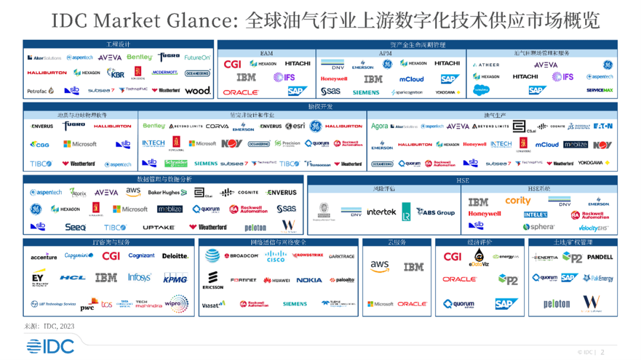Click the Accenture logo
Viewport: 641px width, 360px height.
(44, 257)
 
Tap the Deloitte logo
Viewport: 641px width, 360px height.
(175, 256)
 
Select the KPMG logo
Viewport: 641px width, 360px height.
(175, 279)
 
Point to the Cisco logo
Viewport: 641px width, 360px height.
(275, 256)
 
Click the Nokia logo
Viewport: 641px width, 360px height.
(309, 280)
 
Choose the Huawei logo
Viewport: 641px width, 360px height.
(277, 281)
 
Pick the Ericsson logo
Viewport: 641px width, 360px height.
(212, 280)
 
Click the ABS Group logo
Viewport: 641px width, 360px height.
(436, 212)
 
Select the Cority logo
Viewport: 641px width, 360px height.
(518, 201)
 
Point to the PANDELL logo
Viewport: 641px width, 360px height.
(599, 257)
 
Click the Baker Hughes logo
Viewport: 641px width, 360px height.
(167, 192)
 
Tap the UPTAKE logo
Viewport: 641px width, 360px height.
(158, 227)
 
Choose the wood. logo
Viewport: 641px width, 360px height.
(198, 91)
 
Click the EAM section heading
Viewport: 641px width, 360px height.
(266, 53)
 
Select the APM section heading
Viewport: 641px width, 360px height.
(385, 53)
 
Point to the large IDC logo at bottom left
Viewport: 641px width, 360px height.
(50, 345)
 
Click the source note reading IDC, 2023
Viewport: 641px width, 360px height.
(49, 326)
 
